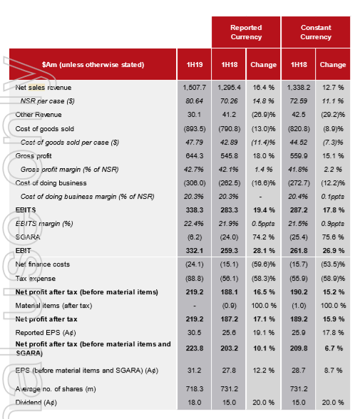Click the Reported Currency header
tap(246, 32)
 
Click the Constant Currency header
tap(316, 32)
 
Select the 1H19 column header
tap(195, 65)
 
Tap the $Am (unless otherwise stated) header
tap(93, 65)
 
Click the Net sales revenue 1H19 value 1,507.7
tap(195, 88)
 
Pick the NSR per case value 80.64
tap(195, 101)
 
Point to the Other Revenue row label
tap(38, 115)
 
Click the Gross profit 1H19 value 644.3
tap(195, 156)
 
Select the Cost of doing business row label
tap(51, 183)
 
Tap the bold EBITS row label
tap(26, 210)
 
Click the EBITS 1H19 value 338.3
tap(195, 210)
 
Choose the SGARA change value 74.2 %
tap(264, 237)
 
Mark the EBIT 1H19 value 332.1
tap(195, 251)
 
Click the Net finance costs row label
tap(43, 264)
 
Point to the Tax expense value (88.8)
tap(195, 279)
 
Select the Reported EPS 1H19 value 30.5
tap(195, 333)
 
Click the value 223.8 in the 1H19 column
tap(195, 348)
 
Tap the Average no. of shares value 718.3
tap(195, 389)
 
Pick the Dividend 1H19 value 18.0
tap(195, 403)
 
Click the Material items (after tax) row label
tap(53, 306)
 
